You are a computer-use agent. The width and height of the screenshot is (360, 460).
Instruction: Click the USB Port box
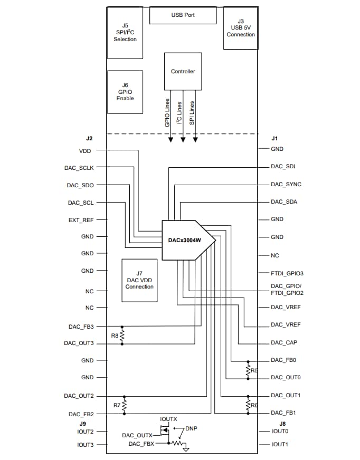coord(183,15)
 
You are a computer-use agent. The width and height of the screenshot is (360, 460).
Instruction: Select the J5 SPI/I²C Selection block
coord(125,32)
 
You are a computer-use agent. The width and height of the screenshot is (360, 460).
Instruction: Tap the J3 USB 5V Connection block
coord(240,28)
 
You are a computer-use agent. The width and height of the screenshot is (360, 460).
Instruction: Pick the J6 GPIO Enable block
coord(125,91)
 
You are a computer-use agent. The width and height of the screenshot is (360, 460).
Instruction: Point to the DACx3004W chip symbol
coord(187,239)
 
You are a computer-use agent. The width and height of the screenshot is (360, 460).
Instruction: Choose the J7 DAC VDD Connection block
coord(139,280)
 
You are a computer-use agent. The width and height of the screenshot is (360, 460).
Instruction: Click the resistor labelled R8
coord(122,336)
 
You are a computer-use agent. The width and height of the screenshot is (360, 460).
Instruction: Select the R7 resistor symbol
coord(124,405)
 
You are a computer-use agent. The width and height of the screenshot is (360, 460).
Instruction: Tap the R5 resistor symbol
coord(248,370)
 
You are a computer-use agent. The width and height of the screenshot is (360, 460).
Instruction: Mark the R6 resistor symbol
coord(248,405)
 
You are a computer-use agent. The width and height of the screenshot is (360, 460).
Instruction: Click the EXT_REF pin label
coord(81,219)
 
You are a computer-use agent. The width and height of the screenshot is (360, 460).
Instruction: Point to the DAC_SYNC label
coord(286,185)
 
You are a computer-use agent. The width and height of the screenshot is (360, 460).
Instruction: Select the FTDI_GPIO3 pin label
coord(287,273)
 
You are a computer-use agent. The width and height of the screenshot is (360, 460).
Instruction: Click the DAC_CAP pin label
coord(284,343)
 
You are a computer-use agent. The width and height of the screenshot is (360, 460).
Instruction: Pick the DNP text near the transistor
coord(192,428)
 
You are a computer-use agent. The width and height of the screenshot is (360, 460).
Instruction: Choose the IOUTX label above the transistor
coord(169,419)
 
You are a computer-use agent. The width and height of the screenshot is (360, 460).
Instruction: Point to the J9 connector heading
coord(83,423)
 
